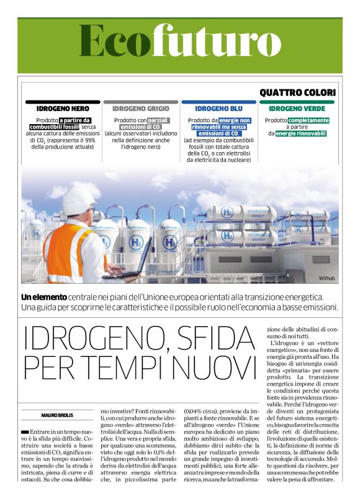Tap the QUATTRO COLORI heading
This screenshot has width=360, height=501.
tap(297, 93)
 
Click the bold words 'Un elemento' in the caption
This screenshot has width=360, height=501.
tap(44, 297)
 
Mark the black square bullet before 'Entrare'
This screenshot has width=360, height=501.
tap(25, 430)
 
